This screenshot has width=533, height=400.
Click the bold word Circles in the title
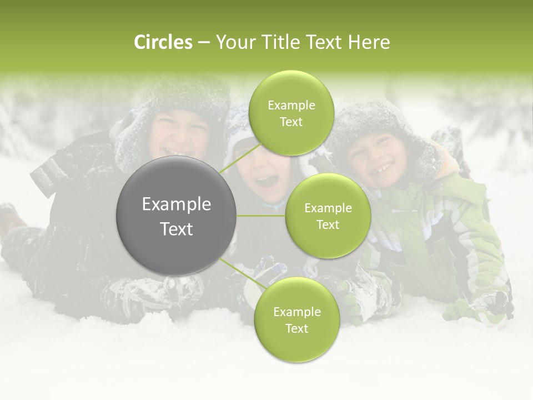coord(163,42)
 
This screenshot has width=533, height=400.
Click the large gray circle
coord(177,216)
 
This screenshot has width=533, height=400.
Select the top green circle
coord(291,113)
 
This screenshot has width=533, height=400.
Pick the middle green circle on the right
coord(328,216)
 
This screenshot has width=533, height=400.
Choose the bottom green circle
coord(296,319)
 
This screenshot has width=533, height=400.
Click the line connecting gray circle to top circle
coord(240,158)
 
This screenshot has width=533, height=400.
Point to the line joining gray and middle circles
coord(261,216)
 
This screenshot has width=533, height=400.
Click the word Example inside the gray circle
coord(177,204)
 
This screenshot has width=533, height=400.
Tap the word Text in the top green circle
coord(291,122)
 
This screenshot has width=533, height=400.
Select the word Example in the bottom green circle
coord(296,312)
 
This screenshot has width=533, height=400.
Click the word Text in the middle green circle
coord(328,224)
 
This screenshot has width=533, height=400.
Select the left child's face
coord(177,136)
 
